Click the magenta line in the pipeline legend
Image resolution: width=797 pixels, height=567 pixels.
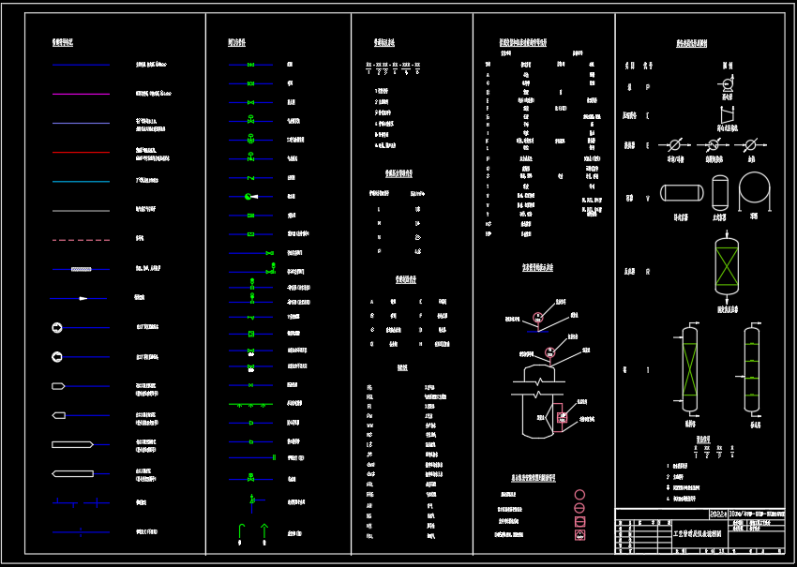(x=81, y=94)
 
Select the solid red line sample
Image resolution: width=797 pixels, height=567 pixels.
(x=81, y=152)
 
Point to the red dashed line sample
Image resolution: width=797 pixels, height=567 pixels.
(x=81, y=240)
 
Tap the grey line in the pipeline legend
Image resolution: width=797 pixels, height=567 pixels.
(x=81, y=211)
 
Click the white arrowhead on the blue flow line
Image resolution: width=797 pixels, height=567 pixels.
(x=83, y=298)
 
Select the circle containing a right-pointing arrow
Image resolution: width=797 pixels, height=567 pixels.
(x=58, y=327)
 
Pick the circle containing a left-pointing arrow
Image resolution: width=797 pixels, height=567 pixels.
(x=58, y=356)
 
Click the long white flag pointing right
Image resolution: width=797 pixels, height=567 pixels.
(x=71, y=443)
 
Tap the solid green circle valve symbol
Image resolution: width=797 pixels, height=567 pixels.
(x=248, y=196)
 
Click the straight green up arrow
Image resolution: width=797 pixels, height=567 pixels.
(x=264, y=532)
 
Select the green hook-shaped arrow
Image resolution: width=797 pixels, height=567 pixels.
(x=240, y=532)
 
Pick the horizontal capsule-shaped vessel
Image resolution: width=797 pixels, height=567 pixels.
(x=683, y=192)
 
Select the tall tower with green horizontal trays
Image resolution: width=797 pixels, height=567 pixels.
(x=752, y=369)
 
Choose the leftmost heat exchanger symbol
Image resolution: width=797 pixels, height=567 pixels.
(x=673, y=145)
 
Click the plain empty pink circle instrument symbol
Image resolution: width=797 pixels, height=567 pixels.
(x=579, y=495)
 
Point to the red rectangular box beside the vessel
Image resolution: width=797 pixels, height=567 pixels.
(x=562, y=418)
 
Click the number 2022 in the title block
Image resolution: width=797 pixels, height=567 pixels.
(x=718, y=515)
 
